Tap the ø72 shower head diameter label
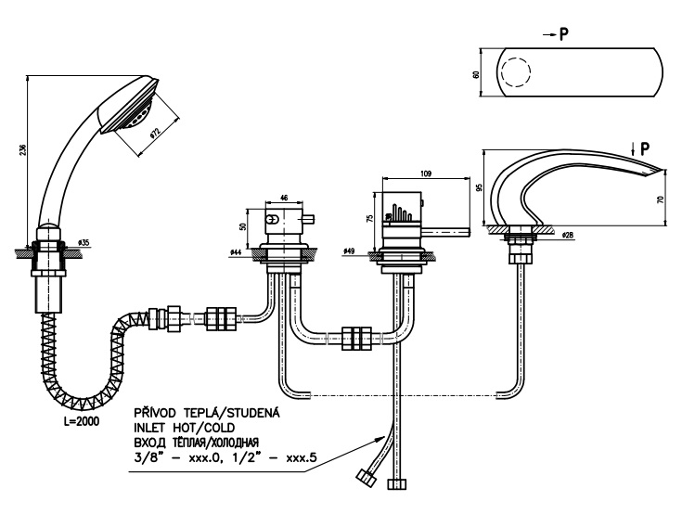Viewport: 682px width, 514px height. [x=154, y=133]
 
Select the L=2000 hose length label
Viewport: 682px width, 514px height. [x=82, y=421]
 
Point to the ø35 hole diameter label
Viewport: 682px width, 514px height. [x=84, y=242]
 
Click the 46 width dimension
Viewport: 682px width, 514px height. [x=284, y=198]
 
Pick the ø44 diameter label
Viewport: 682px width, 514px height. [x=237, y=251]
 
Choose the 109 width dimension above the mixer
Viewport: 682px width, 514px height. [x=426, y=173]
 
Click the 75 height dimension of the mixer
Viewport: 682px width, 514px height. [x=370, y=218]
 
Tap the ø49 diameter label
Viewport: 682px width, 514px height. [x=349, y=251]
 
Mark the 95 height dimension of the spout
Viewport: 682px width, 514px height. [x=480, y=187]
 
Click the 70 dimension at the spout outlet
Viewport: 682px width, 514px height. [x=661, y=199]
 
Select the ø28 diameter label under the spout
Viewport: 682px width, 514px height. [x=568, y=235]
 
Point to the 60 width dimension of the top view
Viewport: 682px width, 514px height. [x=476, y=74]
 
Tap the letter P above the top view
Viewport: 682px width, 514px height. [x=564, y=34]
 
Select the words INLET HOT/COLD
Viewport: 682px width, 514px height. [x=185, y=428]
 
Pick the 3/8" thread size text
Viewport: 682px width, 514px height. [x=148, y=458]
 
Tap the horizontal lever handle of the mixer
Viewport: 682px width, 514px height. [x=448, y=232]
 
